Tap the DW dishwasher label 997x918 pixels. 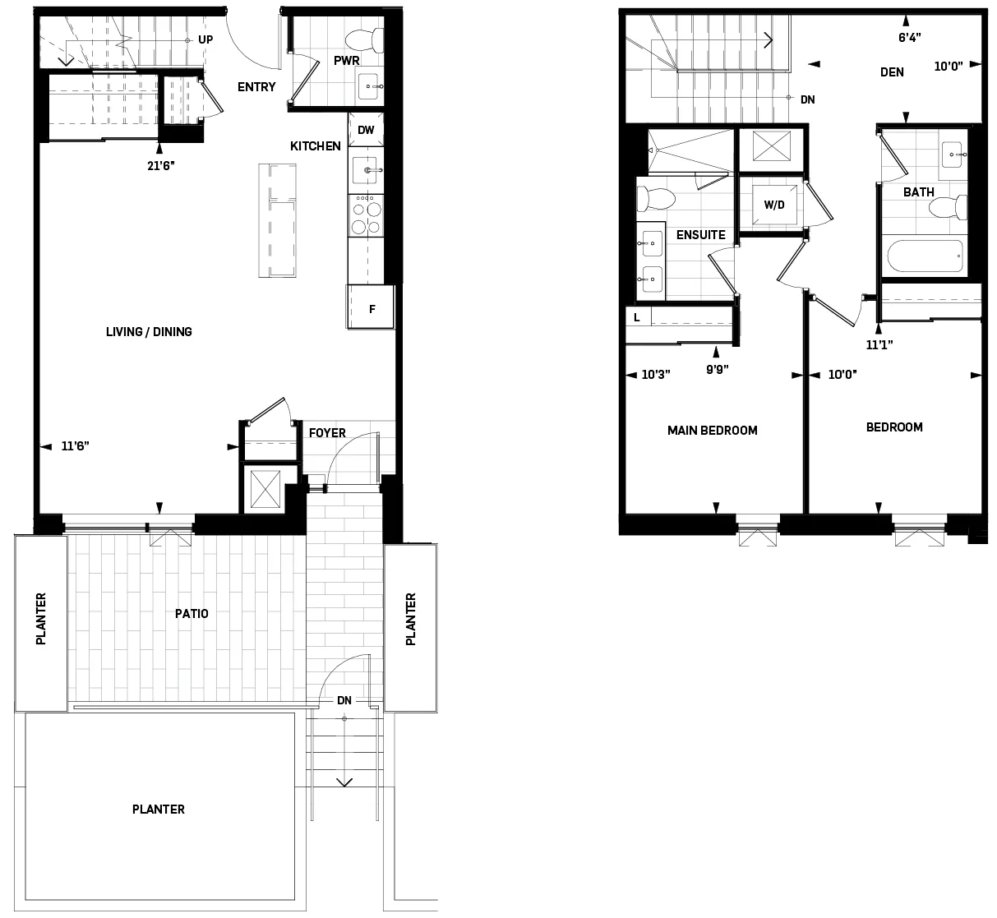366,130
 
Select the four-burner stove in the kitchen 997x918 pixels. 366,216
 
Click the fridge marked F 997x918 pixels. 372,309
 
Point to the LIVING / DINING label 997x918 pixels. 149,332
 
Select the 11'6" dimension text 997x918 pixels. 75,446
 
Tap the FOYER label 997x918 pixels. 327,433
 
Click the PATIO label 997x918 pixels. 192,613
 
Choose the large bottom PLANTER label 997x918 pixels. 159,810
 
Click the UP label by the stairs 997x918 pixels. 205,39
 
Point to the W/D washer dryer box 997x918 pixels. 774,205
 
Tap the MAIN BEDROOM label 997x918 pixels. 712,430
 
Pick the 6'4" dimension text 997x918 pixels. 909,37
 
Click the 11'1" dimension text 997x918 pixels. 879,345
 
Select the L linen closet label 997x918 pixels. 637,316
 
